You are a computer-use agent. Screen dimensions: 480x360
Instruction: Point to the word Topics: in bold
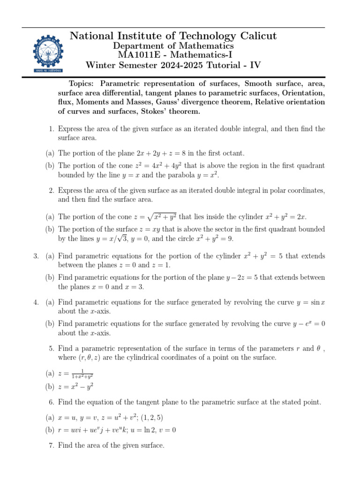[x=81, y=83]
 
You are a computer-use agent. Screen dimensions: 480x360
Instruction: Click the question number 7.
[x=51, y=445]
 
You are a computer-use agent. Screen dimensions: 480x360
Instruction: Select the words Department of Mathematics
[x=173, y=46]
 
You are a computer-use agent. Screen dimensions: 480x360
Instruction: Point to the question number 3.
[x=36, y=256]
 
